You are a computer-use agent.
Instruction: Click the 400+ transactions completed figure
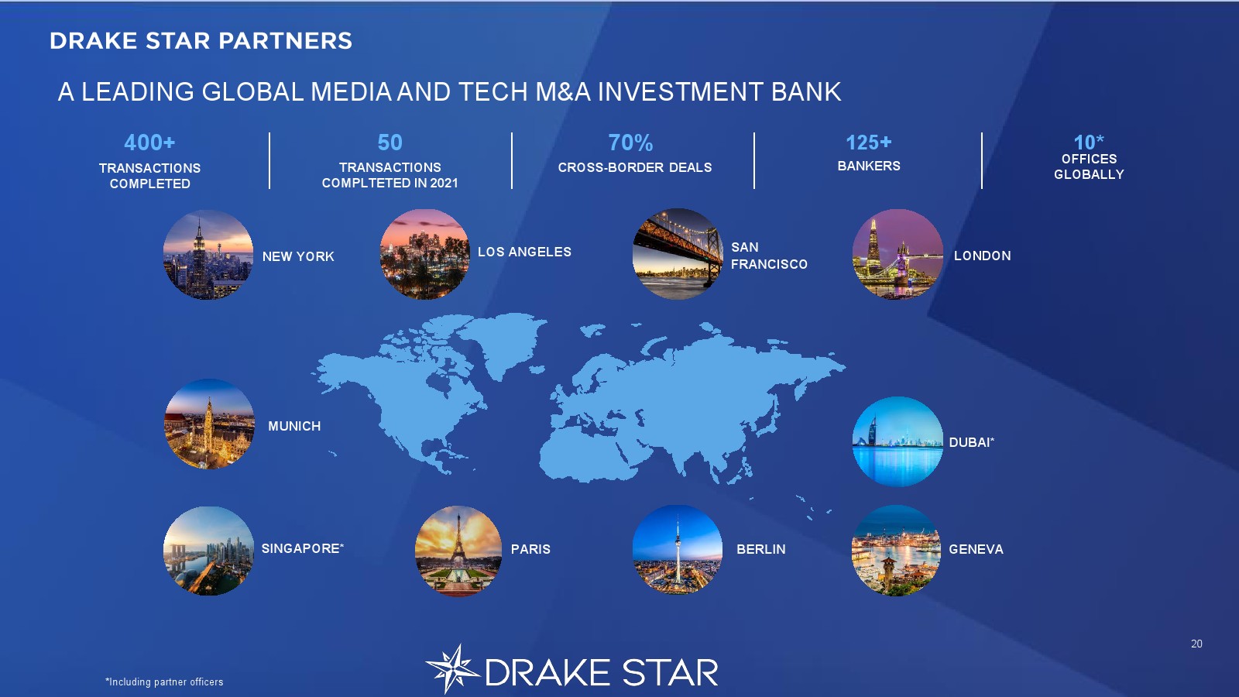tap(149, 142)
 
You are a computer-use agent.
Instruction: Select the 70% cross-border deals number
tap(630, 142)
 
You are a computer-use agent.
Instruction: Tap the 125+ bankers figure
tap(868, 142)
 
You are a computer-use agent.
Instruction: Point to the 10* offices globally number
tap(1089, 142)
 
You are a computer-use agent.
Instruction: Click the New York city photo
tap(208, 255)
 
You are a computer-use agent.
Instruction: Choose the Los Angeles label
tap(524, 252)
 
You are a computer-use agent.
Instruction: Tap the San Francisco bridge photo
tap(678, 254)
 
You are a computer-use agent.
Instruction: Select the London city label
tap(983, 256)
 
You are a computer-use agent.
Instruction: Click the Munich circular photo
tap(210, 424)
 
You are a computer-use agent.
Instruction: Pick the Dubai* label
tap(972, 442)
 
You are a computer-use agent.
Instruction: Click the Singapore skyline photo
tap(208, 551)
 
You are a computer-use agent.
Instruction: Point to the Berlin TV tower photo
tap(678, 550)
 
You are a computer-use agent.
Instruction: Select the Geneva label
tap(976, 549)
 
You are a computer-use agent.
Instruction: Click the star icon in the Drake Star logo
tap(452, 669)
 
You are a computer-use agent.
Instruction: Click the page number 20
tap(1196, 644)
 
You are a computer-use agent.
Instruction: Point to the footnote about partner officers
tap(164, 682)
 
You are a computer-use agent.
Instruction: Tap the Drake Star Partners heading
tap(201, 41)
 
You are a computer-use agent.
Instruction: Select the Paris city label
tap(530, 549)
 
